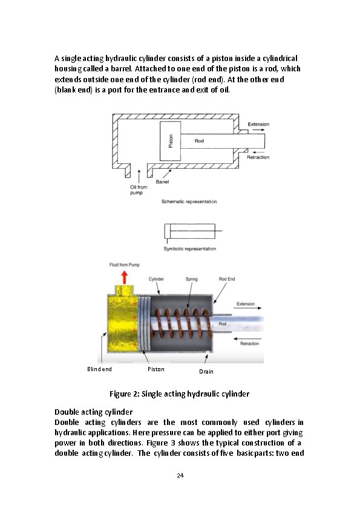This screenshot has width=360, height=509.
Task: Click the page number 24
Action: coord(180,476)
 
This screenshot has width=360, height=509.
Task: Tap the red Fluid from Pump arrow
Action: coord(125,277)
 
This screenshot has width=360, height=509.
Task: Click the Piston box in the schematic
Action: coord(170,141)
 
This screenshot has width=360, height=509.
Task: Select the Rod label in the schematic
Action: coord(199,141)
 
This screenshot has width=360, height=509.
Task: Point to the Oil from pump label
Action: coord(139,190)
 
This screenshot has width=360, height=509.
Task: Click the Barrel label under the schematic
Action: coord(162,182)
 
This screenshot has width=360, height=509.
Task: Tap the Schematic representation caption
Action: coord(189,201)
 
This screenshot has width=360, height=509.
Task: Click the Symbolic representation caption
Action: coord(190,249)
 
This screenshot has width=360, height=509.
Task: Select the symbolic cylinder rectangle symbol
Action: coord(190,231)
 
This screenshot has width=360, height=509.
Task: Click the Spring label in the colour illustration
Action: coord(191,279)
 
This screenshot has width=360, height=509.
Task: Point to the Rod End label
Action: coord(227,279)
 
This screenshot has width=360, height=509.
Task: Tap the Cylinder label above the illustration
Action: coord(156,279)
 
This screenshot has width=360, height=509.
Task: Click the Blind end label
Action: coord(99,369)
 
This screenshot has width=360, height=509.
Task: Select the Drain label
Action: coord(206,372)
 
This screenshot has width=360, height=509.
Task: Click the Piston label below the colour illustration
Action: coord(156,369)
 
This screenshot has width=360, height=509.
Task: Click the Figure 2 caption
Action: coord(179,394)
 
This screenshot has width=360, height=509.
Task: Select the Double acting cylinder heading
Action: coord(94,412)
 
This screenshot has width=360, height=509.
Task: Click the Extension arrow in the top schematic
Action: coord(258,130)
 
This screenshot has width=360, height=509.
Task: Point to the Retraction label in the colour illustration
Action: coord(249,343)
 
